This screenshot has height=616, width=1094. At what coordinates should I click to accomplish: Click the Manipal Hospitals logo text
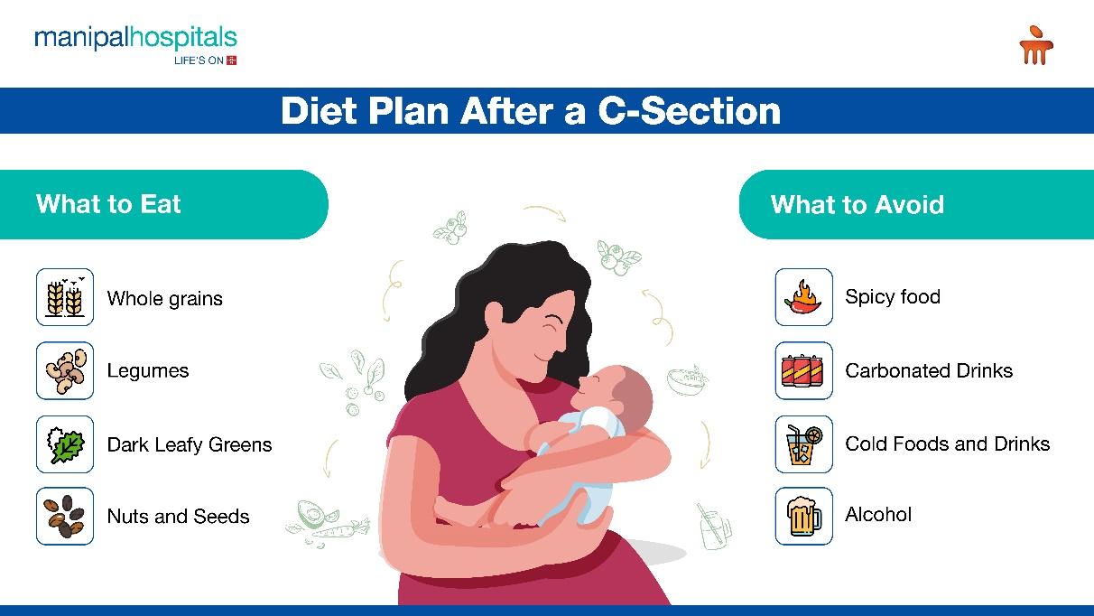coord(135,38)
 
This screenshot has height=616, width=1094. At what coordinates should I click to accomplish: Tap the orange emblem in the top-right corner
coord(1036,45)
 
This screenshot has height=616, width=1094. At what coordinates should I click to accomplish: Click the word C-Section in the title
coord(689,111)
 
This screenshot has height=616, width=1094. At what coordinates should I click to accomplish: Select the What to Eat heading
coord(108,204)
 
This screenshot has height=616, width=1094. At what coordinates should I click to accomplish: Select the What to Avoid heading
coord(858,204)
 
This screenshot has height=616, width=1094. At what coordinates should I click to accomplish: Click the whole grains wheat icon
coord(65,297)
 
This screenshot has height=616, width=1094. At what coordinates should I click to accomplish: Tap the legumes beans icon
coord(65,370)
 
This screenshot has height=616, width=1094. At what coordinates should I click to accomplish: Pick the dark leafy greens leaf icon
coord(65,444)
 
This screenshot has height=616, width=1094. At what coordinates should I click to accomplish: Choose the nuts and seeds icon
coord(65,516)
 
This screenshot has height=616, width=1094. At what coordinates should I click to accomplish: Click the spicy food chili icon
coord(804,297)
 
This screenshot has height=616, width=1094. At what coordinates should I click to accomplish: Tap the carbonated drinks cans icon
coord(804,370)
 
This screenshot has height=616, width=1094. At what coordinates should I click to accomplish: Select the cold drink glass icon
coord(804,444)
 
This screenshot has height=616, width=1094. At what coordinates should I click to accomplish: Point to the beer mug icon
coord(804,516)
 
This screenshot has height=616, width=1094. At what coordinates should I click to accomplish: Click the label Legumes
coord(147,371)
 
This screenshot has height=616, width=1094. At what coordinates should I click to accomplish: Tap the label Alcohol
coord(878,514)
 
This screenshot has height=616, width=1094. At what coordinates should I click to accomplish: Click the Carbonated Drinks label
coord(929,370)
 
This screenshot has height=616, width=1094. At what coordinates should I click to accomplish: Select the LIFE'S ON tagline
coord(199,61)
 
